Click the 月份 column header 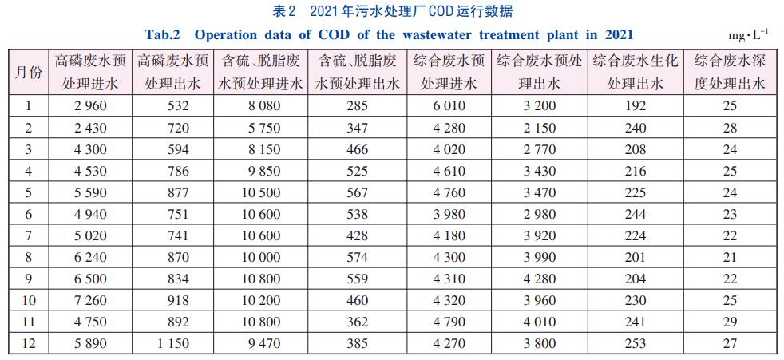point(29,72)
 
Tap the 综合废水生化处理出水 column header point(636,72)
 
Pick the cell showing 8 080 point(259,105)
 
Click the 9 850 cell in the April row point(259,171)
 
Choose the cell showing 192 point(636,105)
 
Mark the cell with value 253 point(636,344)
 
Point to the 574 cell point(358,258)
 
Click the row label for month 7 point(29,235)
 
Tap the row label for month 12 point(29,344)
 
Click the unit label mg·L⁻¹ point(748,35)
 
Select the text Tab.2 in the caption point(163,34)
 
